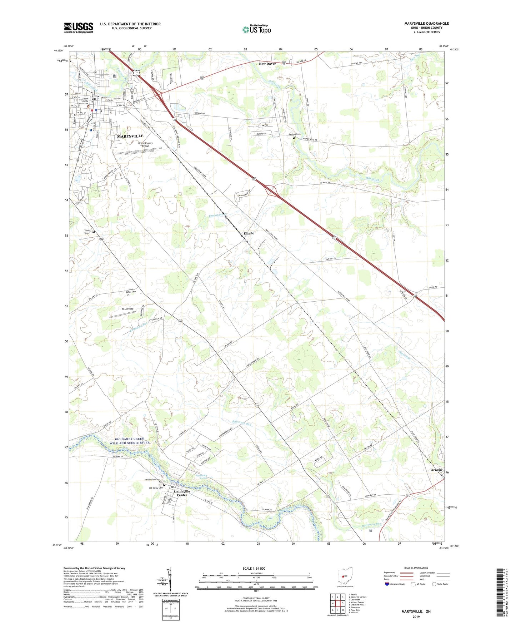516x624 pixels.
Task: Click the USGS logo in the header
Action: click(x=79, y=28)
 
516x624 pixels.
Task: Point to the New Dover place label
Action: click(x=267, y=64)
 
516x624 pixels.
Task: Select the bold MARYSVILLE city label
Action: click(x=130, y=136)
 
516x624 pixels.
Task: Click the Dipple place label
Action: click(x=249, y=233)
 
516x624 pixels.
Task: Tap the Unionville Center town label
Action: click(x=182, y=493)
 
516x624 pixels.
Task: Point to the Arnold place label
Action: click(x=436, y=470)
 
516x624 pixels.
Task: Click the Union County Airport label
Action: click(x=145, y=144)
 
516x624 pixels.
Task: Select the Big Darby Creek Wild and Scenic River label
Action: click(x=127, y=441)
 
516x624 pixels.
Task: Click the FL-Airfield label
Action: click(x=127, y=309)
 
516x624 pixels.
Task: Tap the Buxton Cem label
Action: click(x=295, y=134)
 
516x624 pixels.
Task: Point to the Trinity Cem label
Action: click(x=87, y=232)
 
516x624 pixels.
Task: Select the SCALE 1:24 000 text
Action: click(x=254, y=569)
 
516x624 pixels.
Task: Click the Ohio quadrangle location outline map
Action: click(x=345, y=576)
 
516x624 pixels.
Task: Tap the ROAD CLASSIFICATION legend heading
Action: click(x=416, y=568)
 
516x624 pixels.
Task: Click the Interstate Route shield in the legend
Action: click(x=387, y=584)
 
